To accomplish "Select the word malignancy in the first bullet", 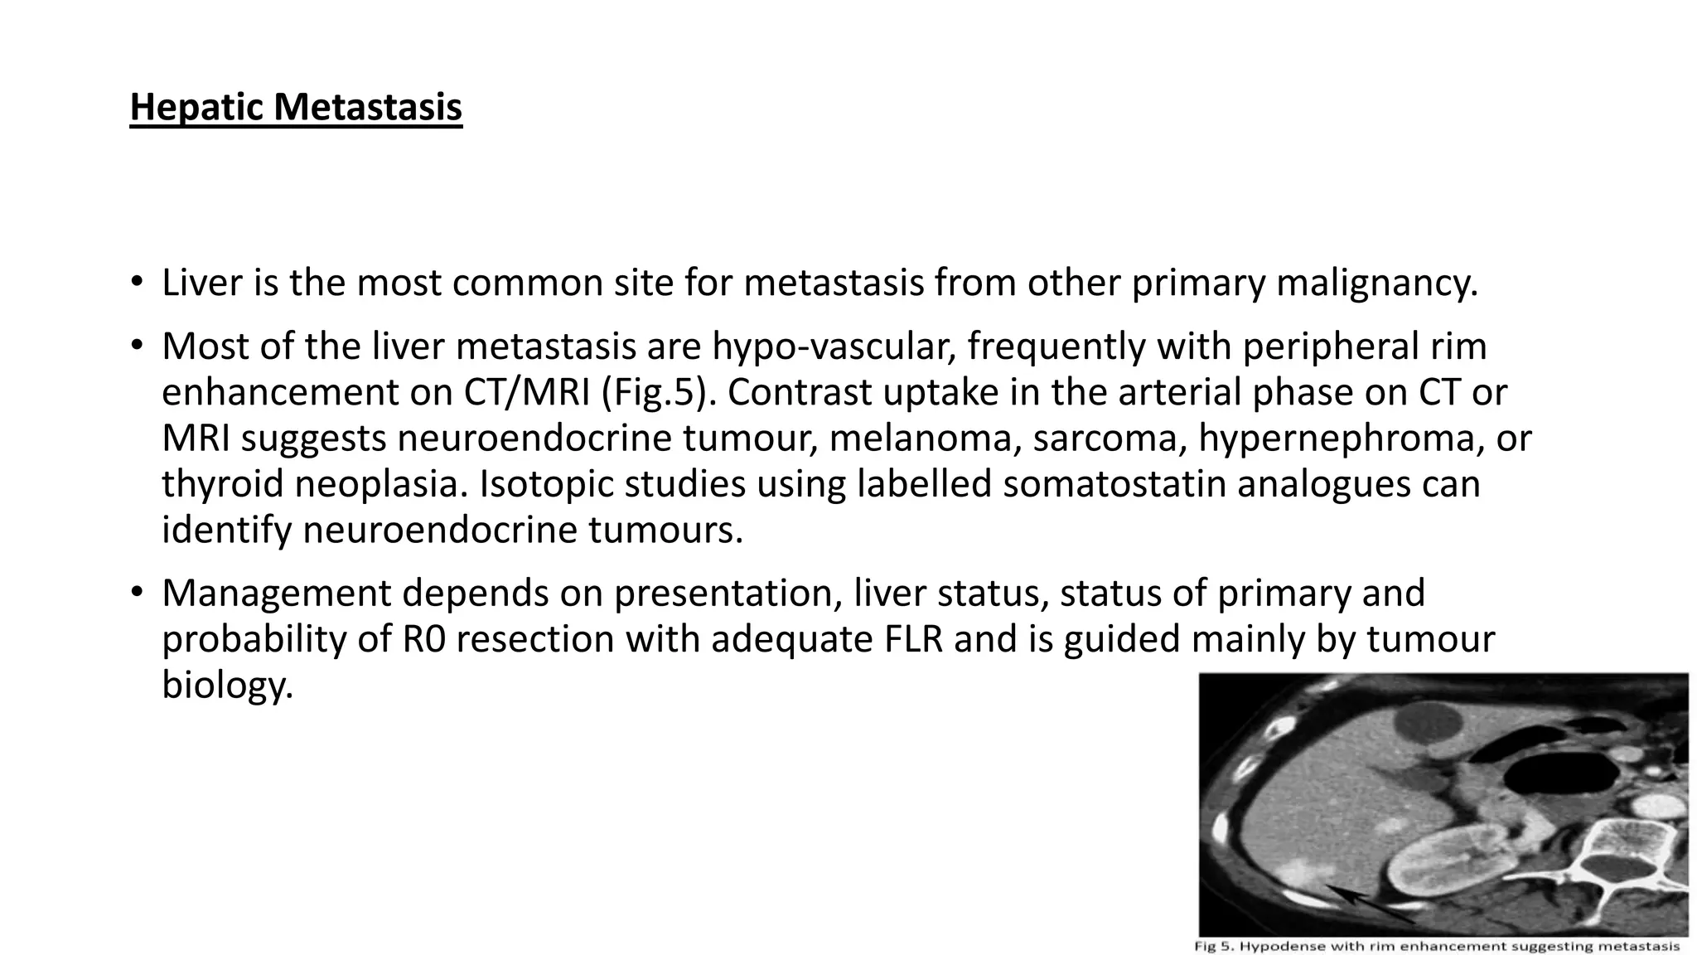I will (x=1376, y=283).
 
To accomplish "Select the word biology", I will (x=227, y=686).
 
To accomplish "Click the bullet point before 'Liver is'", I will (x=137, y=284).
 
